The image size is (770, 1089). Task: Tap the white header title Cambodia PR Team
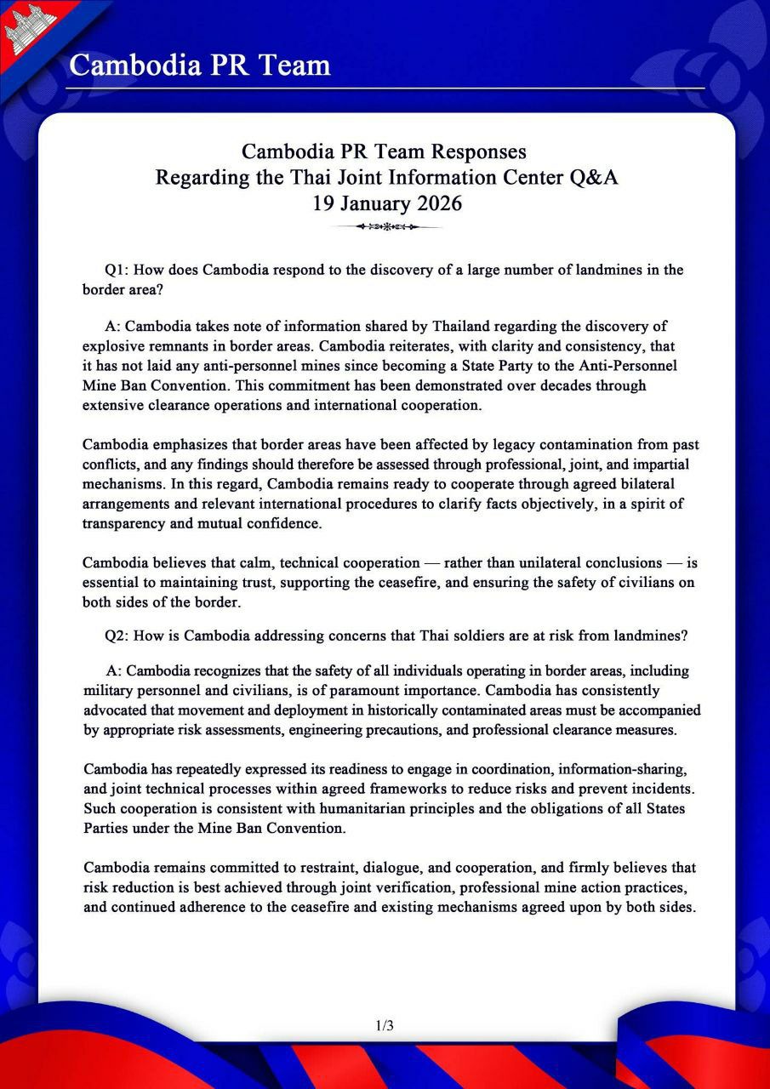199,65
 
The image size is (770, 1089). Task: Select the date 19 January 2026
385,204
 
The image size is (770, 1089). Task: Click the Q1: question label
117,271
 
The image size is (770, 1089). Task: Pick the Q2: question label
117,635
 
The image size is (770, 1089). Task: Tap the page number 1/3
385,1025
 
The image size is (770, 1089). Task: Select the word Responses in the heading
476,151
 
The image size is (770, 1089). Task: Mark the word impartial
659,465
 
